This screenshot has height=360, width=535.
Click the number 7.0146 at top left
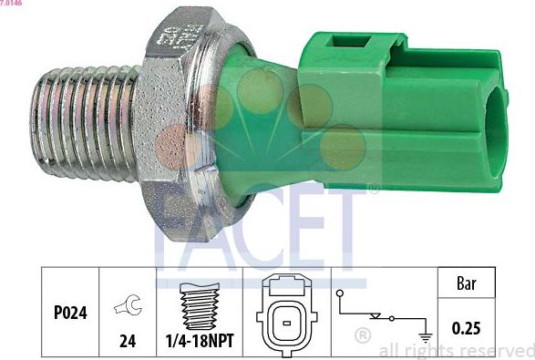pyautogui.click(x=12, y=4)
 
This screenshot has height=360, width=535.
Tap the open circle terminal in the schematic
pyautogui.click(x=339, y=293)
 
